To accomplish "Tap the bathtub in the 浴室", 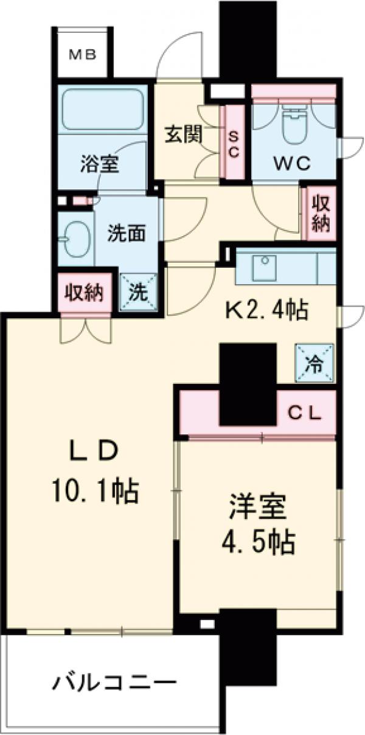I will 102,110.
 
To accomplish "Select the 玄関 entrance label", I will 183,134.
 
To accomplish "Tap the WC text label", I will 291,162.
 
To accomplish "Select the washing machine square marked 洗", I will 139,292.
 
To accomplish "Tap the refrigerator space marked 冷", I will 315,364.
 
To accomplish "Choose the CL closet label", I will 304,414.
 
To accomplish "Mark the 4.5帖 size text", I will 259,541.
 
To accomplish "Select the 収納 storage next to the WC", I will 320,212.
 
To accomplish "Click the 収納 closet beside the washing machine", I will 85,293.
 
